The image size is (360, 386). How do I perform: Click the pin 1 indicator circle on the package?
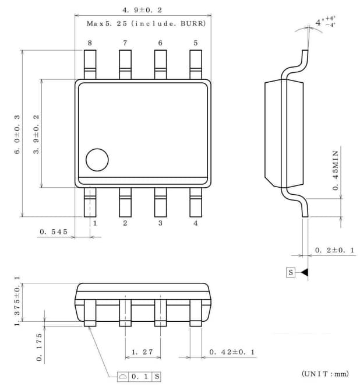tap(97, 160)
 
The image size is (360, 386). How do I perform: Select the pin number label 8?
tap(90, 43)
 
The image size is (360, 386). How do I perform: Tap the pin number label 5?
tap(195, 43)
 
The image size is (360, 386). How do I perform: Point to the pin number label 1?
tap(94, 223)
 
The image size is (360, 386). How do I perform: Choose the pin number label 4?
tap(195, 223)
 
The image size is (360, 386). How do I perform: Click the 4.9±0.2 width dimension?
tap(142, 10)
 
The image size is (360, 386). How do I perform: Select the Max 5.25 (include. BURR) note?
tap(142, 24)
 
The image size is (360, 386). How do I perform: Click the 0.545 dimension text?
tap(54, 231)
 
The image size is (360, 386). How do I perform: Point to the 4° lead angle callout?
tap(326, 22)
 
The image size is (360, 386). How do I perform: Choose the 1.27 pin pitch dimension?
tap(142, 352)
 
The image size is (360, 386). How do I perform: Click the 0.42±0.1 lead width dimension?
tap(231, 352)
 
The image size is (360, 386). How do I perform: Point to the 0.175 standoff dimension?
tap(39, 348)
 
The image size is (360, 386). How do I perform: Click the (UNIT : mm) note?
tap(324, 373)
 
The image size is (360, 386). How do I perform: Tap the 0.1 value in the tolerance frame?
tap(139, 377)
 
